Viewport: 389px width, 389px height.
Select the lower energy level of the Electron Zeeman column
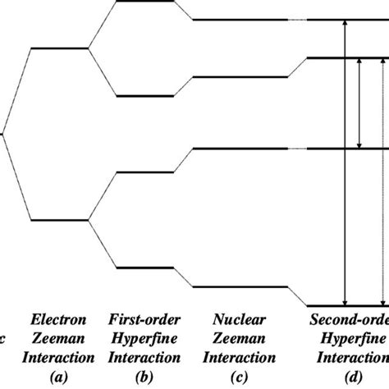(58, 219)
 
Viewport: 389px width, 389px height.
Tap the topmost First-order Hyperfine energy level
(144, 2)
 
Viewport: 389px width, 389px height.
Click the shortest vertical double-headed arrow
(359, 103)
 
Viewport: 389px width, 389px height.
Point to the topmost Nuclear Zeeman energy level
(240, 20)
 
